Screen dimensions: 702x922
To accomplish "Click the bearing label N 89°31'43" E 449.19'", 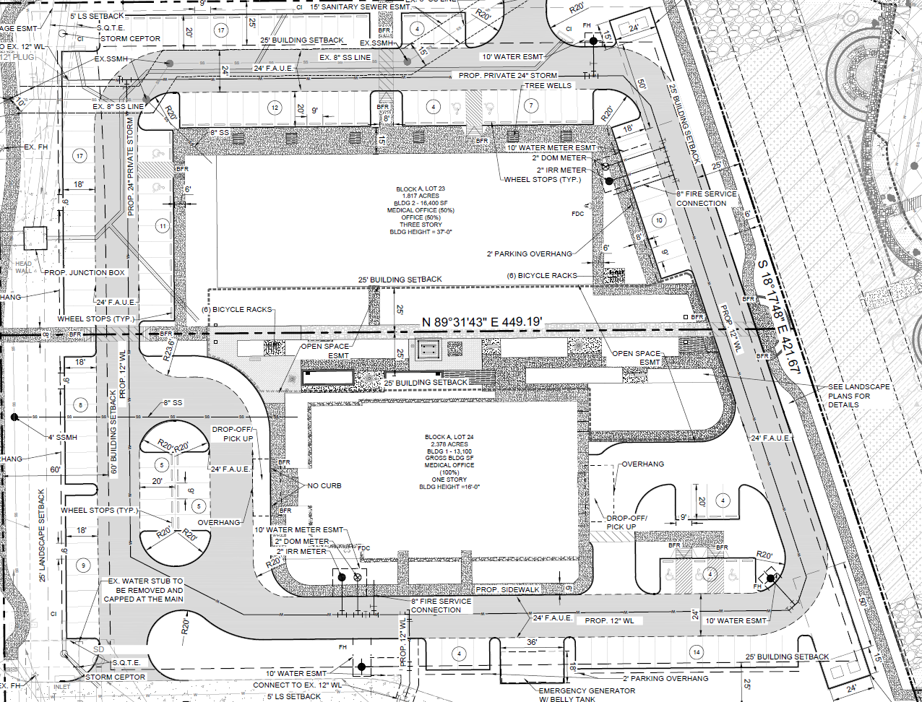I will point(482,322).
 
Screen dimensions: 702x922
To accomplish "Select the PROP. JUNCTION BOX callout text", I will point(85,273).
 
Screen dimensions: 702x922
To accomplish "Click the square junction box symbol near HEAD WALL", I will point(35,238).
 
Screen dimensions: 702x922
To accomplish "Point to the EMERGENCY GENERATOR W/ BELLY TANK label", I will point(587,695).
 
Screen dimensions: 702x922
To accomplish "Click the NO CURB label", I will point(324,486).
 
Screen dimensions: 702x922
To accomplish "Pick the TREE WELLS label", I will point(548,86).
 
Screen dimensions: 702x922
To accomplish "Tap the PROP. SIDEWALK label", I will point(507,590).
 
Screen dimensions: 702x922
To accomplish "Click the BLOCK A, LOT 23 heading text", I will point(421,189).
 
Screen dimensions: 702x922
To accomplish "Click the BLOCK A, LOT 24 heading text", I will point(449,438).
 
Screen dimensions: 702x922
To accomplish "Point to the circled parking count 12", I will point(275,108).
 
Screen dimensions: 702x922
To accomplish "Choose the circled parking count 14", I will point(697,651).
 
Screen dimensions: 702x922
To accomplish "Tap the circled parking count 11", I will point(163,226).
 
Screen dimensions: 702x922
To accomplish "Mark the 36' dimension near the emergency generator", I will point(532,643).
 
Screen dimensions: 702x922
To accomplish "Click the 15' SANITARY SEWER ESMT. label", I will point(359,6).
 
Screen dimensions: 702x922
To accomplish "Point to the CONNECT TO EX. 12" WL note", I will point(297,685).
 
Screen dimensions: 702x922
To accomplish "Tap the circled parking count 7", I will point(531,106).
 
